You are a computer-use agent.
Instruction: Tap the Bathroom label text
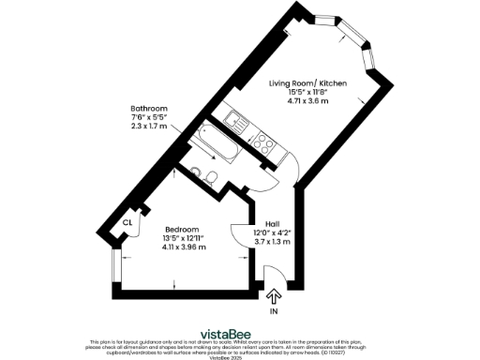[x=149, y=109]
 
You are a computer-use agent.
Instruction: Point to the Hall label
[x=273, y=222]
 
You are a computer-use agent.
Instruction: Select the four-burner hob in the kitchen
[x=263, y=144]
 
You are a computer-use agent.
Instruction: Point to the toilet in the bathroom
[x=215, y=176]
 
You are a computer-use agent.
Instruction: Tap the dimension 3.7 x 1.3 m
[x=273, y=242]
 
